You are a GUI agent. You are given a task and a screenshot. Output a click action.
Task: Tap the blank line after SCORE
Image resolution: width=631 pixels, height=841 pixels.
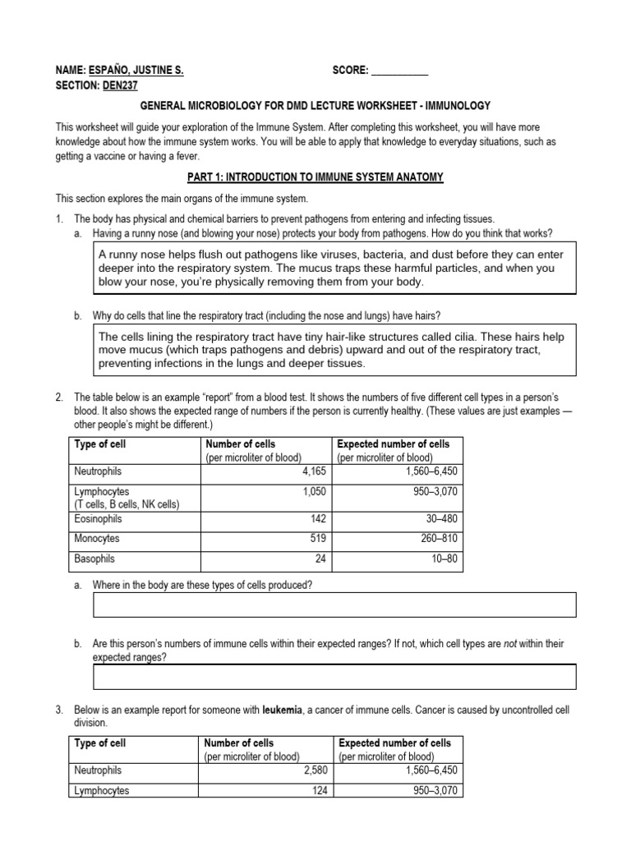(399, 71)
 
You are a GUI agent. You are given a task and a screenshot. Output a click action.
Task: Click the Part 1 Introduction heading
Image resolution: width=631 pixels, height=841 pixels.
(315, 177)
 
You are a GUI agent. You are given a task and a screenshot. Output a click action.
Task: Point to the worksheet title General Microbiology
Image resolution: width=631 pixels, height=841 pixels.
(315, 106)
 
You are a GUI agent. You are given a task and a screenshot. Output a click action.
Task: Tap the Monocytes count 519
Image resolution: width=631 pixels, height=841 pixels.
(316, 539)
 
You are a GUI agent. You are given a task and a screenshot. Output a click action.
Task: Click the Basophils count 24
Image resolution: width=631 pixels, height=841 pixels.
(320, 558)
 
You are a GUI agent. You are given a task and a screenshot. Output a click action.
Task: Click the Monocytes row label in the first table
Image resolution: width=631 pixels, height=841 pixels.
(97, 539)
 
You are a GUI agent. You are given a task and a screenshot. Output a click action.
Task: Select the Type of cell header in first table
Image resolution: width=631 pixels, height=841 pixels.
(100, 444)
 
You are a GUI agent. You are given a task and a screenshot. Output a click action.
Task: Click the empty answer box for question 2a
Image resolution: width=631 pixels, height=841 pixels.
(334, 604)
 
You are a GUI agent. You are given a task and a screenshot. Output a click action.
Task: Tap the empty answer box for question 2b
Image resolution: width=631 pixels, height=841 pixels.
(334, 677)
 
